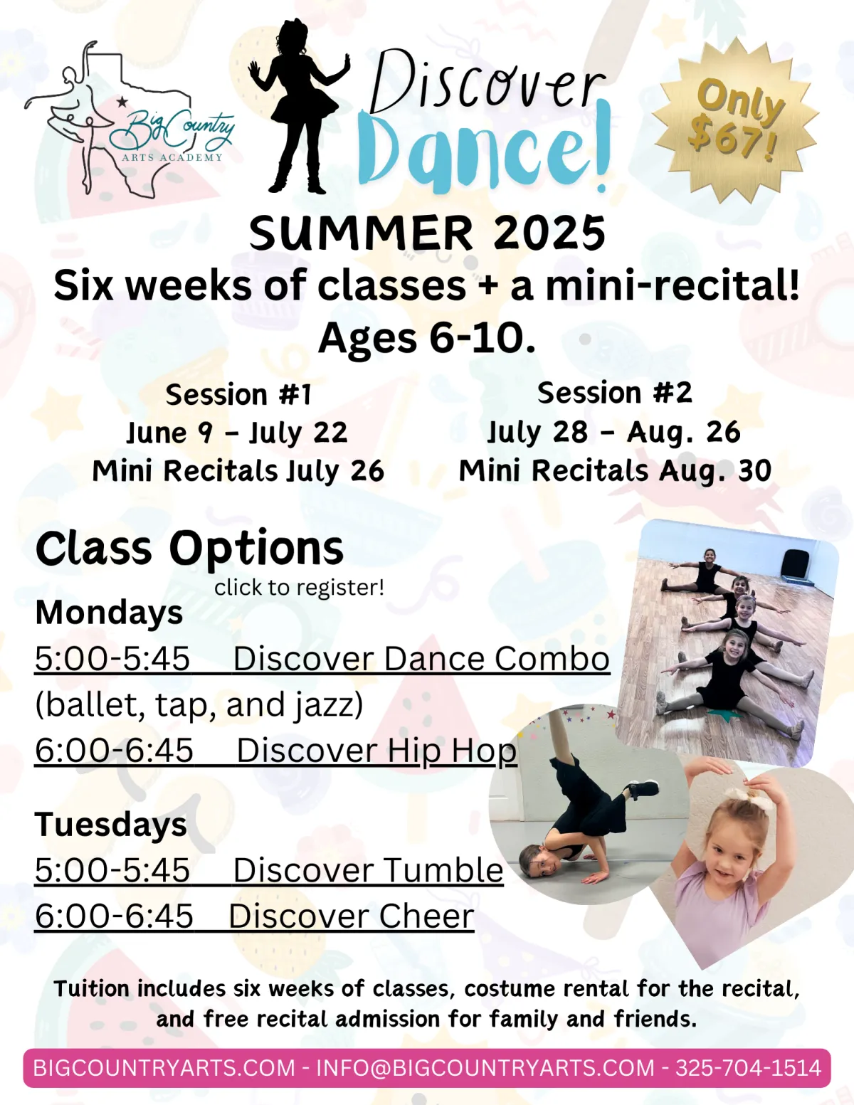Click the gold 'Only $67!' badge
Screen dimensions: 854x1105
pyautogui.click(x=735, y=120)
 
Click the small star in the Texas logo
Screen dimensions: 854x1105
pyautogui.click(x=122, y=102)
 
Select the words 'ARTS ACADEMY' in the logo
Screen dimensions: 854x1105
pyautogui.click(x=172, y=158)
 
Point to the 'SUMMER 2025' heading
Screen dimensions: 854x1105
pyautogui.click(x=427, y=233)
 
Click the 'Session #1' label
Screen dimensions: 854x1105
pyautogui.click(x=238, y=395)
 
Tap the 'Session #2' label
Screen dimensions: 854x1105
pyautogui.click(x=615, y=393)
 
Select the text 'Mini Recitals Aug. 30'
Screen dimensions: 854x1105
pyautogui.click(x=615, y=470)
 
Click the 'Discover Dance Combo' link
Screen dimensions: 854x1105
pyautogui.click(x=421, y=659)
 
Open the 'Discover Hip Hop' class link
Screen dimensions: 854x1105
pyautogui.click(x=377, y=751)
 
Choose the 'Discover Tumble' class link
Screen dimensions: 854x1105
pyautogui.click(x=368, y=870)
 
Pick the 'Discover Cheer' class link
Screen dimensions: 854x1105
pyautogui.click(x=352, y=916)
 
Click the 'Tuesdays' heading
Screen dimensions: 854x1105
pyautogui.click(x=111, y=824)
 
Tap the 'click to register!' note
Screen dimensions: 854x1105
pyautogui.click(x=299, y=587)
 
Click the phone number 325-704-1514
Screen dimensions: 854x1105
pyautogui.click(x=748, y=1068)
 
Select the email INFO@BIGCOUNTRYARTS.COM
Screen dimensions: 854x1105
pyautogui.click(x=485, y=1068)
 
